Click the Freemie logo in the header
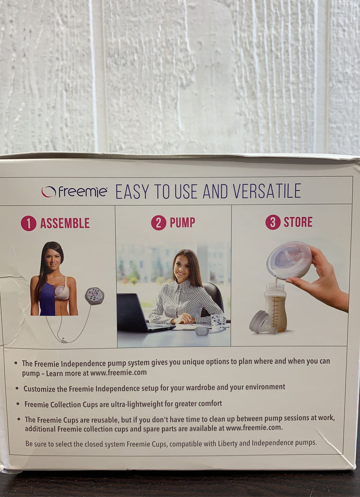coord(74,192)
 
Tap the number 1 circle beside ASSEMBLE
coord(29,223)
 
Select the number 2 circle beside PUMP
coord(158,223)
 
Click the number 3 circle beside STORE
coord(273,222)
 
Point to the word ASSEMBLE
coord(65,223)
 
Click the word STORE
coord(298,222)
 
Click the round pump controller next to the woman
coord(94,296)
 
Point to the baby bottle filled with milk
coord(275,308)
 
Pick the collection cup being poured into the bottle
coord(289,260)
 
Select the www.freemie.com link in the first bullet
coord(118,373)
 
